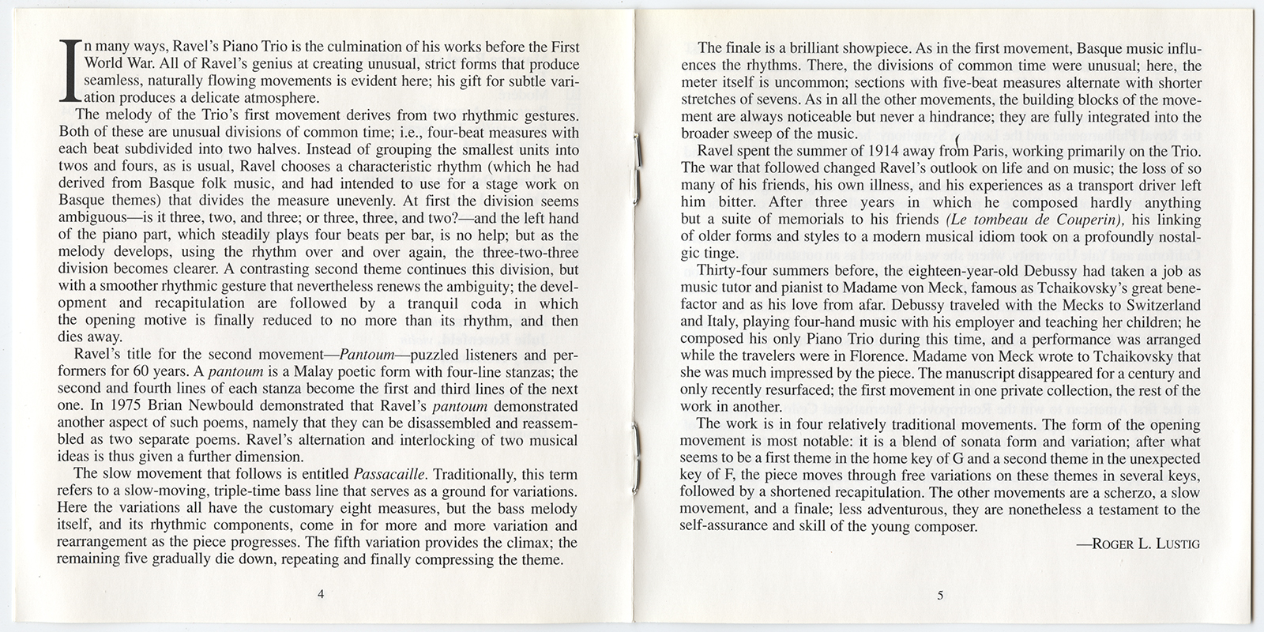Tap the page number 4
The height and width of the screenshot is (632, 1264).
pyautogui.click(x=320, y=595)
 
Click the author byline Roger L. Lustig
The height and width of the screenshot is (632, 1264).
pyautogui.click(x=1138, y=544)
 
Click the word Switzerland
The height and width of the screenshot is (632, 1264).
pyautogui.click(x=1160, y=304)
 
